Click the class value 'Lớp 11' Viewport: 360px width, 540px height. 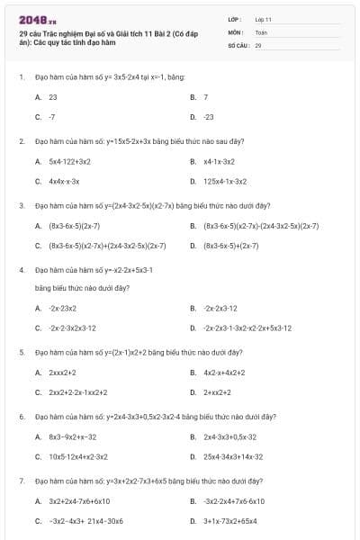click(x=263, y=19)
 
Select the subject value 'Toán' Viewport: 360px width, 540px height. click(x=261, y=31)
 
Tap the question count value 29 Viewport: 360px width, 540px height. click(x=258, y=44)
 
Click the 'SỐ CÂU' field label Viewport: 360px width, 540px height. click(x=237, y=44)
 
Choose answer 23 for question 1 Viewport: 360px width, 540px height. click(x=53, y=96)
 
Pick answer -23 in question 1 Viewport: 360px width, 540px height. click(x=209, y=117)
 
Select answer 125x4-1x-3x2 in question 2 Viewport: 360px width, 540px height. click(x=225, y=181)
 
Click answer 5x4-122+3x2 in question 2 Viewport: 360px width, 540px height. click(x=69, y=161)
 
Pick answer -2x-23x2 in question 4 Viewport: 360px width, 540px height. click(x=63, y=308)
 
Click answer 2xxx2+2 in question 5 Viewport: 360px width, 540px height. click(x=63, y=372)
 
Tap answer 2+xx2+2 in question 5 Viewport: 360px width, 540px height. click(x=218, y=392)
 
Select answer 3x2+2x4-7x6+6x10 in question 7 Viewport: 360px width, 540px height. click(x=79, y=500)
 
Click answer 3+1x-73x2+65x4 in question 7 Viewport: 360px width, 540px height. click(x=230, y=520)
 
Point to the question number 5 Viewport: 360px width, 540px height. click(x=21, y=352)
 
